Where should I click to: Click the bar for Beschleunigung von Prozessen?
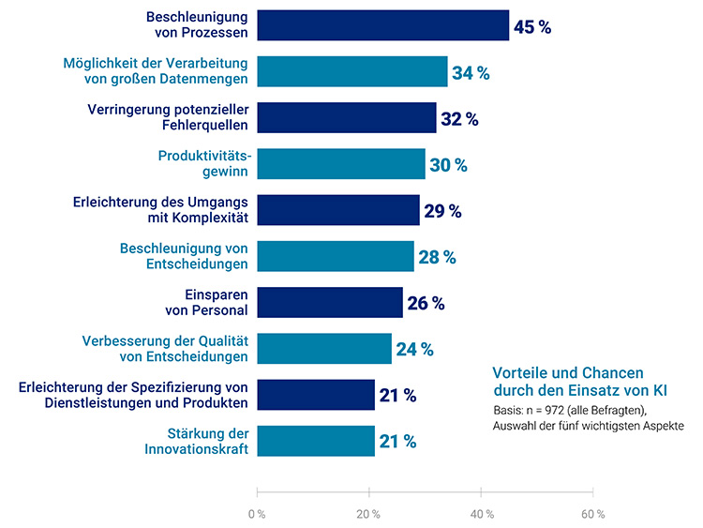[x=382, y=25]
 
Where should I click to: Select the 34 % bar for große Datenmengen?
[x=352, y=71]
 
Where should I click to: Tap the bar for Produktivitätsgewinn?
[x=341, y=164]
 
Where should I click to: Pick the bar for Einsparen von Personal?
[x=330, y=302]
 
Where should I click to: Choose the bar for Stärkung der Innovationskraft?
[x=316, y=441]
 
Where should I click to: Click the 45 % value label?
[x=532, y=26]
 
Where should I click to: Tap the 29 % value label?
[x=442, y=210]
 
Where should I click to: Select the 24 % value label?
[x=414, y=349]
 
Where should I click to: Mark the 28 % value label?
[x=437, y=256]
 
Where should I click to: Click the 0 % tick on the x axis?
[x=256, y=514]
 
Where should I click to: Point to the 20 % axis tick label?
[x=368, y=514]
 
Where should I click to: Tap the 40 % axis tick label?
[x=481, y=514]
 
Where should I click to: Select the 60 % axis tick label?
[x=592, y=514]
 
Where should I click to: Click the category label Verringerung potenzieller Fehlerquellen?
[x=168, y=117]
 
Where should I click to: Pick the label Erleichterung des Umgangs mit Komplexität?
[x=160, y=209]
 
